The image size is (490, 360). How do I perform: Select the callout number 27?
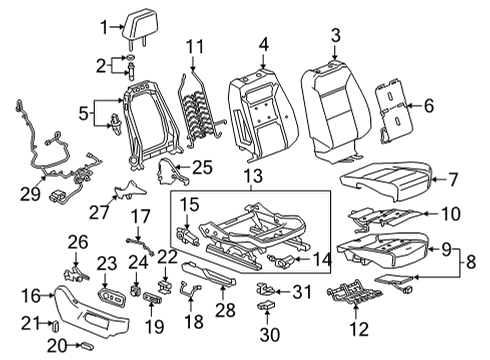96,213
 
